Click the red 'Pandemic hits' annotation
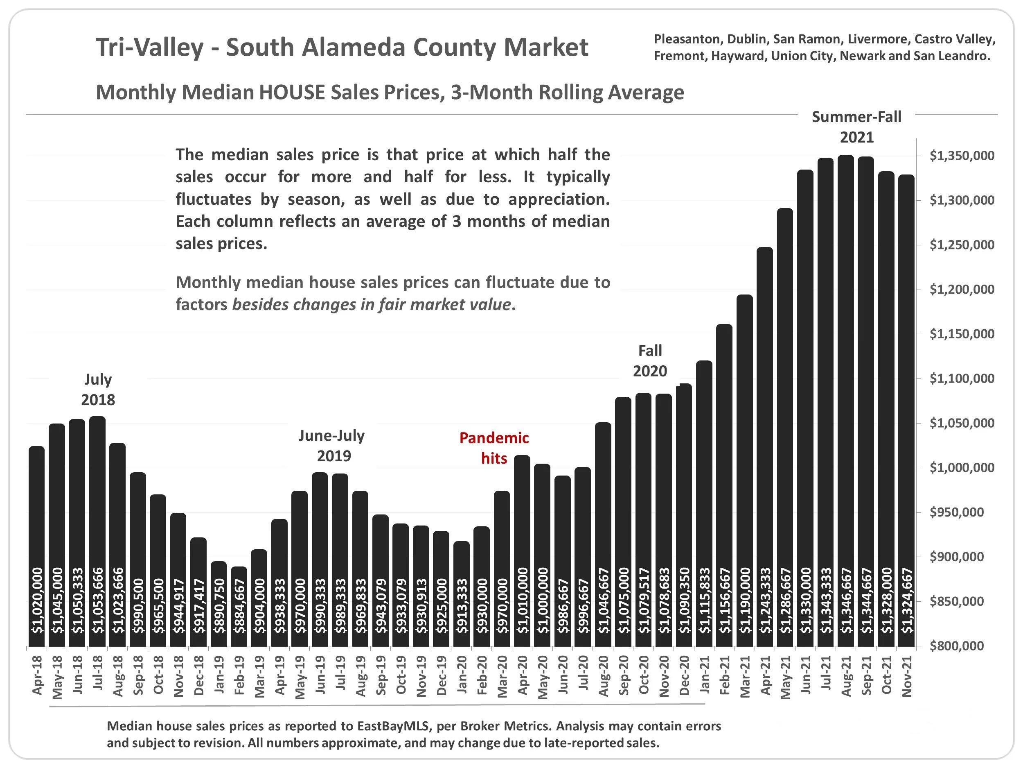494,448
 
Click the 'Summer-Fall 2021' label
856,127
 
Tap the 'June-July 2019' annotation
332,445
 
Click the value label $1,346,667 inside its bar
846,601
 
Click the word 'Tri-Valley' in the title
149,47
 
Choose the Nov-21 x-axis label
907,676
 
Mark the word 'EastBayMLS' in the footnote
394,726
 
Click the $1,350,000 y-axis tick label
962,156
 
